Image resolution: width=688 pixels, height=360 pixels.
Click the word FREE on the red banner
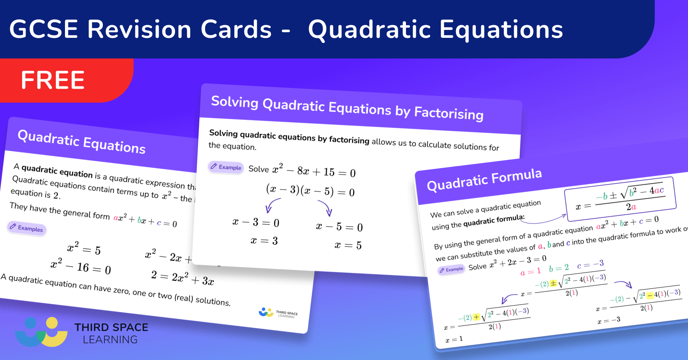[53, 80]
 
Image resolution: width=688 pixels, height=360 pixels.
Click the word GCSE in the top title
[44, 29]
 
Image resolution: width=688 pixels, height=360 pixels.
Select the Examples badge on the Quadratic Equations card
[27, 228]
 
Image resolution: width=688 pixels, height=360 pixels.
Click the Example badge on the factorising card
[226, 167]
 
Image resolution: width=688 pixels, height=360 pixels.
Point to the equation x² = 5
[84, 248]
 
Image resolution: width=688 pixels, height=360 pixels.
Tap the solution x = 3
[264, 241]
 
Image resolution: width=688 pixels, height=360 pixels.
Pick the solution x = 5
[348, 245]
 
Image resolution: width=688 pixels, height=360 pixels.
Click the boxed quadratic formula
[620, 199]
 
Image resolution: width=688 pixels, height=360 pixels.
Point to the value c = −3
[590, 264]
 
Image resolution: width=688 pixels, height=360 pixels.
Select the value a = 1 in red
[531, 272]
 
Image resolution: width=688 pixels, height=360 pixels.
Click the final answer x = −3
[609, 320]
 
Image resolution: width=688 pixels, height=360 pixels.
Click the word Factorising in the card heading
[449, 114]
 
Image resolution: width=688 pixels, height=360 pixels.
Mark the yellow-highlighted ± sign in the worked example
[553, 284]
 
